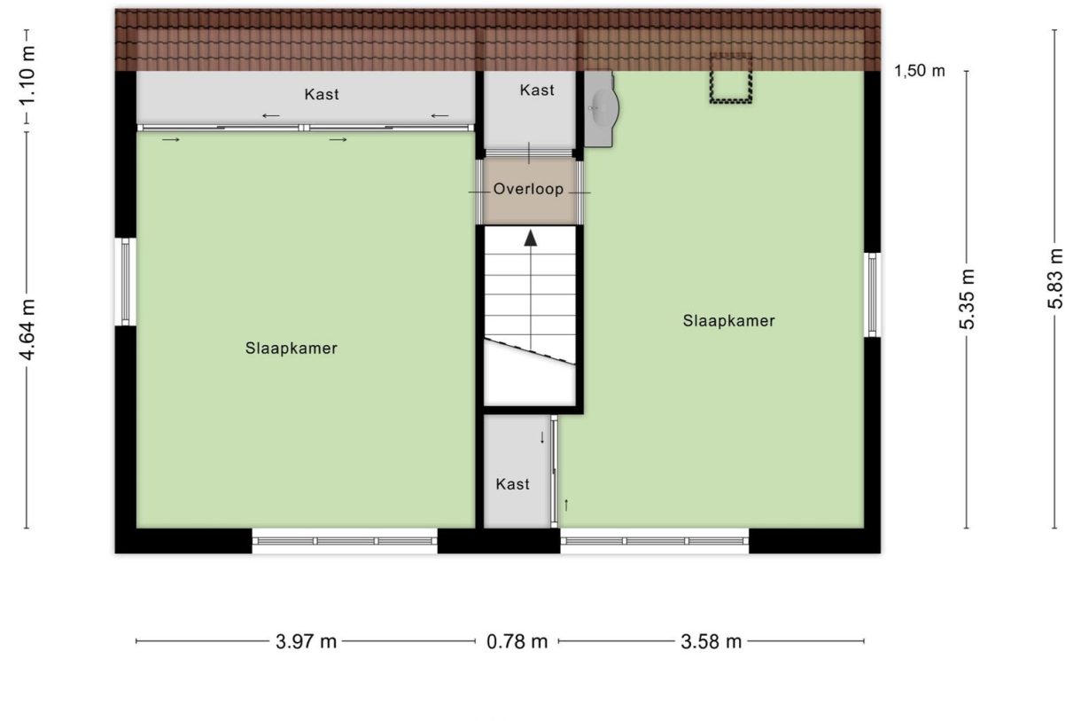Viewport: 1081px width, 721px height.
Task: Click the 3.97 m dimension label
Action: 307,642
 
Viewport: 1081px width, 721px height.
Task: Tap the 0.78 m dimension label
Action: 517,642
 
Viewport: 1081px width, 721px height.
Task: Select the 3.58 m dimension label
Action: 711,642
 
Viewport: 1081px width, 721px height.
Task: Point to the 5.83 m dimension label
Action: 1054,278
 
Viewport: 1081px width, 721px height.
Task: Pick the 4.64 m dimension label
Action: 28,329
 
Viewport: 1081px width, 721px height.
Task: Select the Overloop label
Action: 529,189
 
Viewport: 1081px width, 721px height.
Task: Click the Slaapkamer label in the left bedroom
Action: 292,349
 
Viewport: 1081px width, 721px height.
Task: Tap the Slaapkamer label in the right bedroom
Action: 728,321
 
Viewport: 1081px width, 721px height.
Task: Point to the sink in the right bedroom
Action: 602,108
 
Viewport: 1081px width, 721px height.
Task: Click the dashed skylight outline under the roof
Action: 730,78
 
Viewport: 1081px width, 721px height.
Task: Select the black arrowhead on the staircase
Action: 530,237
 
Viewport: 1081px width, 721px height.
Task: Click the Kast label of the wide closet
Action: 322,94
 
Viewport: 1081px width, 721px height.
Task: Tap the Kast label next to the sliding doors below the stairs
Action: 513,483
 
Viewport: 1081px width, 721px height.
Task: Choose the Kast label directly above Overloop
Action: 537,90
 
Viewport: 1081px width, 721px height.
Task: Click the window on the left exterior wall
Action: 126,281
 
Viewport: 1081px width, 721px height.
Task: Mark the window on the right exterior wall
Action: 872,294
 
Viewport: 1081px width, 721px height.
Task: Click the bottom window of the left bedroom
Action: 345,540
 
